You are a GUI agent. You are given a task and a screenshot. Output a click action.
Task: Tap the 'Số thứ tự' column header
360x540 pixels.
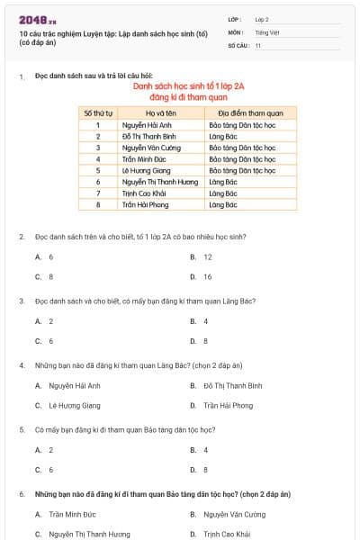[97, 113]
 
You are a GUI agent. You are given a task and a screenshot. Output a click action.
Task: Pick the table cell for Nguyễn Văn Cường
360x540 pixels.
[151, 147]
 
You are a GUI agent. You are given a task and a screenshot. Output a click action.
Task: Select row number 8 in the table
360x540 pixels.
[97, 204]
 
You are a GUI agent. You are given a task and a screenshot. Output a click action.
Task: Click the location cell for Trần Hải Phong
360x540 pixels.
[221, 204]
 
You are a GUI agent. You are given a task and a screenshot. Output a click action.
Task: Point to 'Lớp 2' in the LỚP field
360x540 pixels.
[262, 19]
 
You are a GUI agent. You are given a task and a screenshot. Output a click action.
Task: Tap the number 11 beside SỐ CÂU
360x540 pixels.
[258, 44]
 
